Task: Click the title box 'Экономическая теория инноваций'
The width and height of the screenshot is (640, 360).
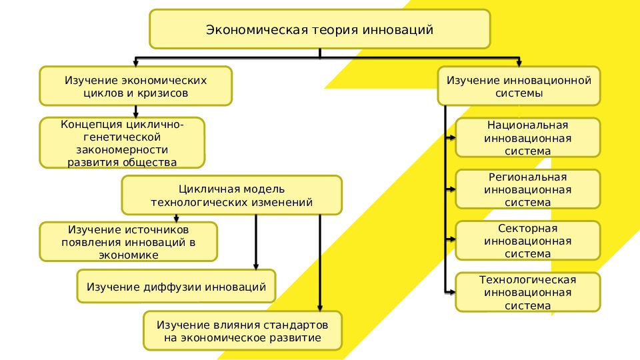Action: pos(319,29)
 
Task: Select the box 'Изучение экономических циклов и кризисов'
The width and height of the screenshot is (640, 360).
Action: pos(136,86)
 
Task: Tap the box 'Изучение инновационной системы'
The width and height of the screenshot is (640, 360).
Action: pos(519,86)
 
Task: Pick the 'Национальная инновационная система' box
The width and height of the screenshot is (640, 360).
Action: pos(527,138)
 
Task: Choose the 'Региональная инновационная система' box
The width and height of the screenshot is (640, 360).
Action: pos(527,189)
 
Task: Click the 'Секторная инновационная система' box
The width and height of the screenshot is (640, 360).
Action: pos(527,241)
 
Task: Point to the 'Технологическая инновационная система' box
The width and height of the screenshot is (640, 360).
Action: pos(527,292)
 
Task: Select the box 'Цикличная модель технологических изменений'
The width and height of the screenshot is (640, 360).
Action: pos(231,195)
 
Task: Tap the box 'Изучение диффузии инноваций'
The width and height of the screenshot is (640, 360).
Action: pos(176,287)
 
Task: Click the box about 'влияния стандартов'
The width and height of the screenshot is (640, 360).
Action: pos(243,331)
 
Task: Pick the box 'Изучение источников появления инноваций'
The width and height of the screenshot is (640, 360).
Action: pos(129,241)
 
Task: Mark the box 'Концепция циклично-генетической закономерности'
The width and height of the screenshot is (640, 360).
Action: pos(122,143)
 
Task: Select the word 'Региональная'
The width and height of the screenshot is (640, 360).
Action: pos(527,177)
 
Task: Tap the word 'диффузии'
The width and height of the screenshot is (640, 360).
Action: pos(173,287)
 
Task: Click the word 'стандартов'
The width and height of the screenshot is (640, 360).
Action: pos(296,325)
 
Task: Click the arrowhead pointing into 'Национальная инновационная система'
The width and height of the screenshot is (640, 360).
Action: pos(453,138)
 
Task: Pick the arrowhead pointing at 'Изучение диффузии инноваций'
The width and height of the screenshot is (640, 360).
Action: pos(257,266)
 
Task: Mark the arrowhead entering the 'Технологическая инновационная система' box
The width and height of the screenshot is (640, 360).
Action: pos(453,292)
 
